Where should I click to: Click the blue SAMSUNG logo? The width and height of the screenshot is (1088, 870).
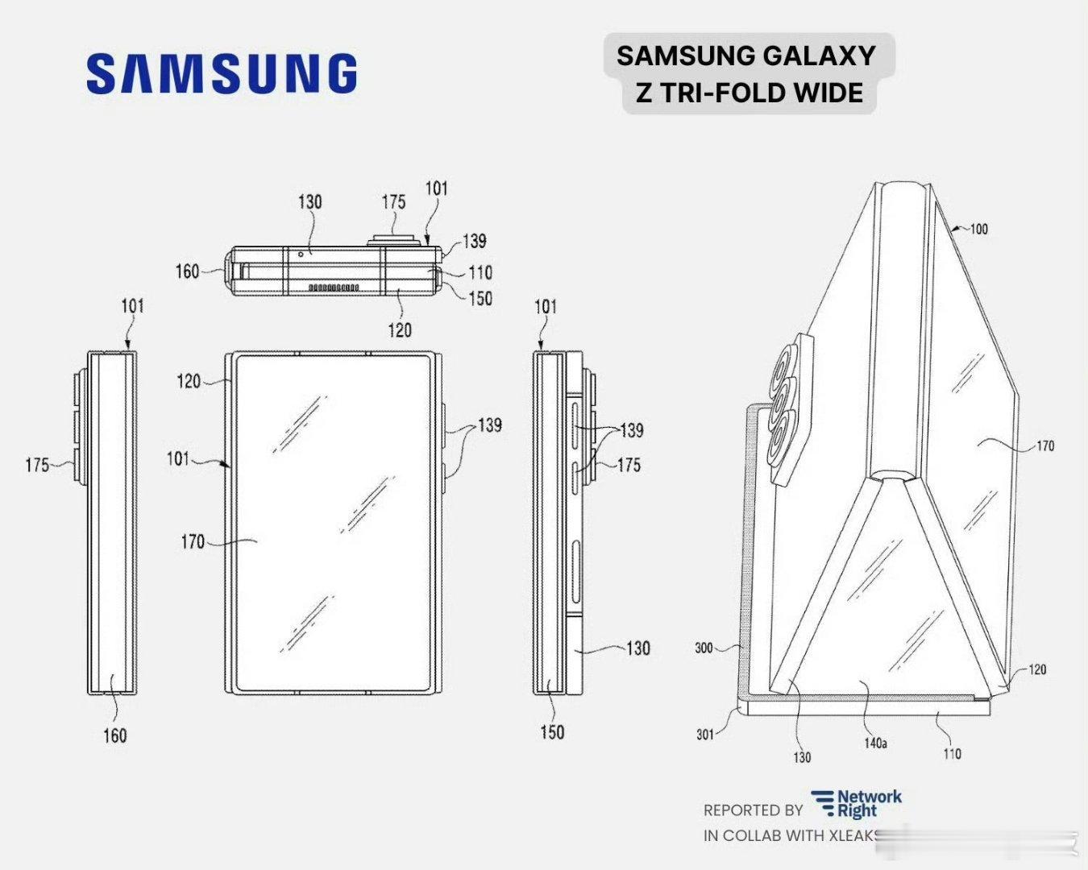[x=221, y=73]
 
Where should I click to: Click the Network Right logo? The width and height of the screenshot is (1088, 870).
[x=856, y=803]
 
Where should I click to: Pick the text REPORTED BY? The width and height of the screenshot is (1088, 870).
[x=753, y=810]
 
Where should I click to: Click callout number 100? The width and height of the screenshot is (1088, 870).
[x=978, y=229]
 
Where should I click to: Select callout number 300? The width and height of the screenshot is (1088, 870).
[x=704, y=648]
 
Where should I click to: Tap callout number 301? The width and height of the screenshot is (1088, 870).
[x=705, y=734]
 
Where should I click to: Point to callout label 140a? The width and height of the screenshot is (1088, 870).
[x=875, y=744]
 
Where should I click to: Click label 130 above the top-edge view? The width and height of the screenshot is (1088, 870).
[x=310, y=201]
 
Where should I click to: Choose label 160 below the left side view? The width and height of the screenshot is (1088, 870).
[x=114, y=735]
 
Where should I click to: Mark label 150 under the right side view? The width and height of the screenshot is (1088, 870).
[x=552, y=732]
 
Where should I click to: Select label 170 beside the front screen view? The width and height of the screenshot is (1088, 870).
[x=193, y=542]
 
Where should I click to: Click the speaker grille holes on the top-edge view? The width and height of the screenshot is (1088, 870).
[x=333, y=287]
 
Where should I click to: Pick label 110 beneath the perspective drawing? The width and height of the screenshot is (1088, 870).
[x=952, y=754]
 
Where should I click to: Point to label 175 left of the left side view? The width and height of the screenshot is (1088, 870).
[x=37, y=465]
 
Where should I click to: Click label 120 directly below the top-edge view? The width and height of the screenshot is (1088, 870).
[x=400, y=329]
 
